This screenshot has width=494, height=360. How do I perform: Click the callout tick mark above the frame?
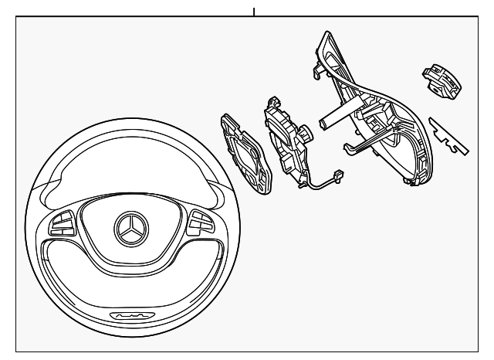pos(253,11)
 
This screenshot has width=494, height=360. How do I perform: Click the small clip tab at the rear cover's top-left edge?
pos(317,73)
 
